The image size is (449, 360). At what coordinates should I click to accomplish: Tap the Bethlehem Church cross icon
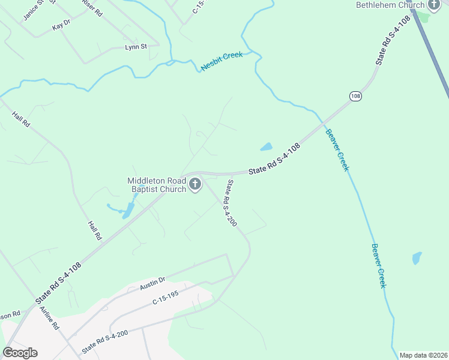point(434,5)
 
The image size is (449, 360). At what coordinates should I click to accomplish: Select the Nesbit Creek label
point(221,62)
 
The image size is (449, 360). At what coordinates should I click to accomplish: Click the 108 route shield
point(355,96)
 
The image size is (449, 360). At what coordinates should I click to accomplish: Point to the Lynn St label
point(136,47)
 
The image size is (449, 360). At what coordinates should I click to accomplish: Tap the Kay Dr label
point(61,26)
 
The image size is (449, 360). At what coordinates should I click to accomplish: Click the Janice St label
point(34,11)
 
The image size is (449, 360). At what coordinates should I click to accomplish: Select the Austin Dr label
point(152,282)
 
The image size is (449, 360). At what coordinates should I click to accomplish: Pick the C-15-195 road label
point(166,301)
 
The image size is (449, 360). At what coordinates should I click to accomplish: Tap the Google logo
point(20,353)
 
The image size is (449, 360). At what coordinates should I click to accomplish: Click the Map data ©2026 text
point(424,355)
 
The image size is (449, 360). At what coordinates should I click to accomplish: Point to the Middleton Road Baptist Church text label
point(157,185)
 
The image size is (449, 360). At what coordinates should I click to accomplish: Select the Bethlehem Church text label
point(390,5)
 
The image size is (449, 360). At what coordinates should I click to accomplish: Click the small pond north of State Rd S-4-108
point(266,146)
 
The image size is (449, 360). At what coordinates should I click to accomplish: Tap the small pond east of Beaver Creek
point(417,258)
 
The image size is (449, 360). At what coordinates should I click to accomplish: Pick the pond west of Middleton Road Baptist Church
point(128,210)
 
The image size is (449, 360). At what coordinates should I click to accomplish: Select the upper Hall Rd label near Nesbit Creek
point(20,118)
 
